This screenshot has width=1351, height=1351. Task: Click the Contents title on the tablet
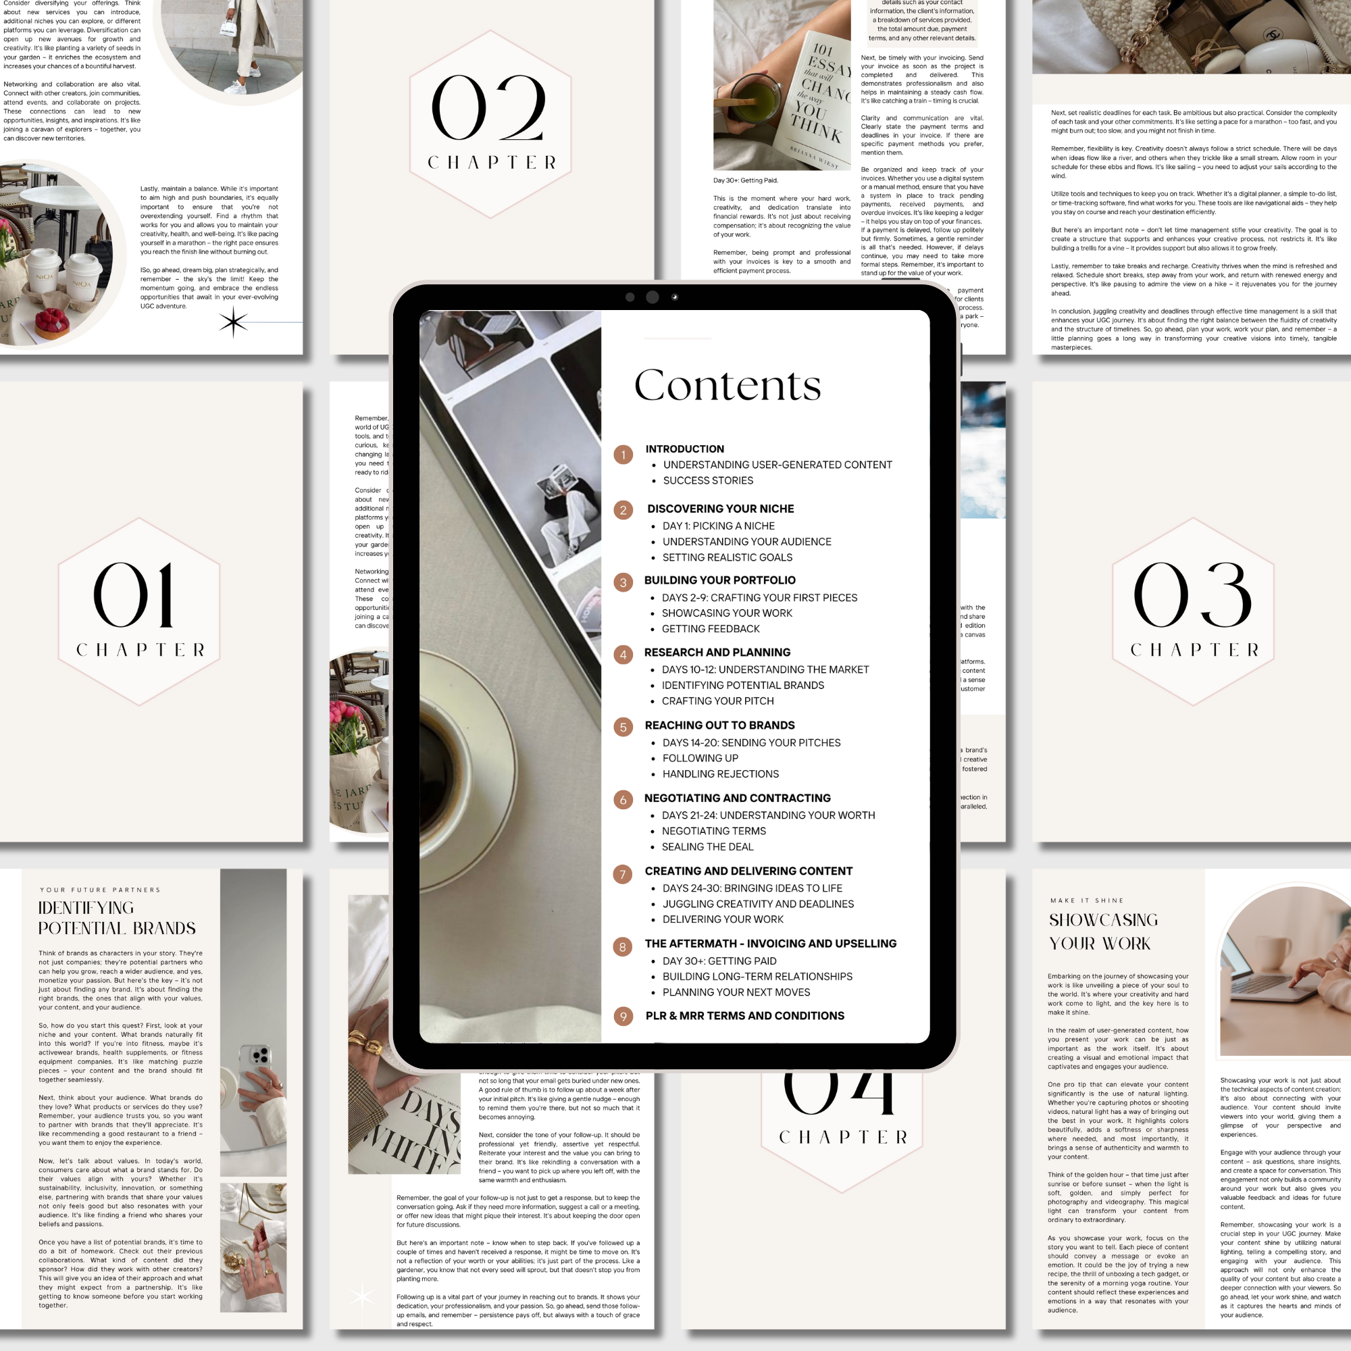click(728, 385)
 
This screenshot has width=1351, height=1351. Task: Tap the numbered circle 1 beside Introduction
click(623, 455)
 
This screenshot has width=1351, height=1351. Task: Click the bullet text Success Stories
click(708, 480)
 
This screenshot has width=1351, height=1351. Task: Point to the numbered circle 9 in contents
click(623, 1016)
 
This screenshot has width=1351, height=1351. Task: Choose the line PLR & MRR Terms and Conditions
click(744, 1015)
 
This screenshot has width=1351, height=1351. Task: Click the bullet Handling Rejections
click(720, 773)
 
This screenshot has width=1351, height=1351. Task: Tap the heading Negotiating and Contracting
click(737, 798)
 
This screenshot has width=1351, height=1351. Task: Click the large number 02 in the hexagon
click(489, 108)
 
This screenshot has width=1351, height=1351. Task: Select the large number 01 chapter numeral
click(134, 595)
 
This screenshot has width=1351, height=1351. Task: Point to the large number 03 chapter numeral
click(1192, 595)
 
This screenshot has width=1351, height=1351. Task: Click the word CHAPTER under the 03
click(1194, 650)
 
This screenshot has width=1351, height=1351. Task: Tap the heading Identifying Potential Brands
click(117, 917)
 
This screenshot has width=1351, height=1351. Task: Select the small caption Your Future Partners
click(100, 890)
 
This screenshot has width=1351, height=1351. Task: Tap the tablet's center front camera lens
click(652, 297)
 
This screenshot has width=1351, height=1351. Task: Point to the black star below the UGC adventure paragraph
click(233, 322)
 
